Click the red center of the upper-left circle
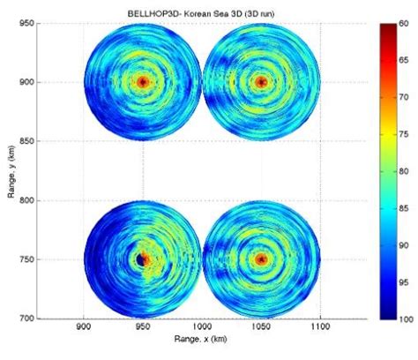click(x=143, y=82)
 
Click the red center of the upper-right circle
click(x=261, y=82)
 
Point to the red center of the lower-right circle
click(x=261, y=259)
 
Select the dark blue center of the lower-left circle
click(x=142, y=259)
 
